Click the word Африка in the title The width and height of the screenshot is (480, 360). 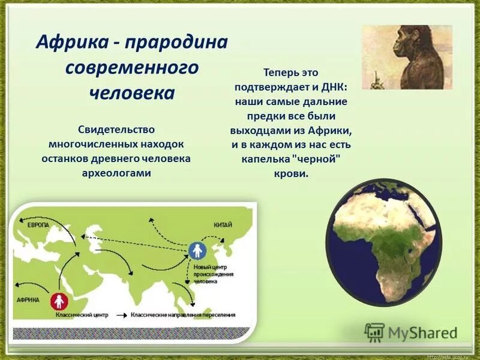click(x=67, y=43)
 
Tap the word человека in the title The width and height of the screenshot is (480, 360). click(x=132, y=93)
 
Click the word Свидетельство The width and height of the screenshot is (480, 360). click(x=116, y=130)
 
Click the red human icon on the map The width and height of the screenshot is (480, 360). click(x=58, y=299)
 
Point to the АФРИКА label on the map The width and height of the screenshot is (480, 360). click(x=28, y=299)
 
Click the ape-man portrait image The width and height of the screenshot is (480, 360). click(x=407, y=58)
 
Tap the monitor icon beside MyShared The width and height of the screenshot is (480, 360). click(x=374, y=332)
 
